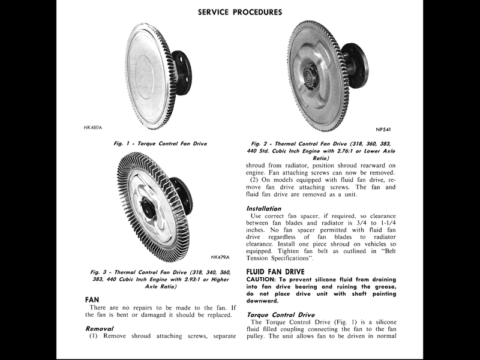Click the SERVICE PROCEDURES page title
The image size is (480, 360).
[240, 12]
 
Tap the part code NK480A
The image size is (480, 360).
[93, 127]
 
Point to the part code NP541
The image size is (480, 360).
[384, 129]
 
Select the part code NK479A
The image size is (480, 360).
[221, 257]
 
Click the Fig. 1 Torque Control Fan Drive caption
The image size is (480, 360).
[160, 144]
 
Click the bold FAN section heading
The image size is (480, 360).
[92, 299]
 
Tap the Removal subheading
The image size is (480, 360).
[101, 328]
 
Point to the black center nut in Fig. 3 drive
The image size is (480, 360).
[146, 206]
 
